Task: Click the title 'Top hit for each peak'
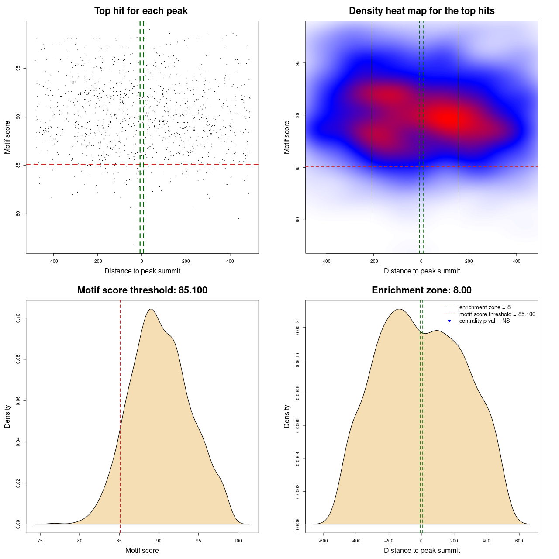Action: [x=141, y=11]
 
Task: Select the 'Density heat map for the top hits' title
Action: [x=421, y=11]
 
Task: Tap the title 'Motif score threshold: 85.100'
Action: [x=142, y=290]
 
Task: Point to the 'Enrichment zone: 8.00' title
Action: [x=421, y=290]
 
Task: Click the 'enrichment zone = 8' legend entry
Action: [x=485, y=307]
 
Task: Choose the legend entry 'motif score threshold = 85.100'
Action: [x=497, y=314]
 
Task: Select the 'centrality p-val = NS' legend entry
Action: [x=484, y=321]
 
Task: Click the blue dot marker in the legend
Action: [x=449, y=321]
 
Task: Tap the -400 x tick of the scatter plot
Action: [x=53, y=262]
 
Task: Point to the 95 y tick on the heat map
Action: [x=298, y=63]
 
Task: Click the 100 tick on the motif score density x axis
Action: [x=238, y=541]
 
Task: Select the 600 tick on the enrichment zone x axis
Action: [x=519, y=541]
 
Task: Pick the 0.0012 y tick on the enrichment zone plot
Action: [x=298, y=328]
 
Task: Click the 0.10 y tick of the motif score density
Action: [x=18, y=319]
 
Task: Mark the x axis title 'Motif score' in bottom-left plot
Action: [x=142, y=550]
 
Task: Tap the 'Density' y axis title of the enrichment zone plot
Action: [x=287, y=416]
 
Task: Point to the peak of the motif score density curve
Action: [x=151, y=309]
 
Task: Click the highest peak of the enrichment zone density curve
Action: [x=399, y=309]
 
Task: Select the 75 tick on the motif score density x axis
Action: [x=40, y=541]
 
